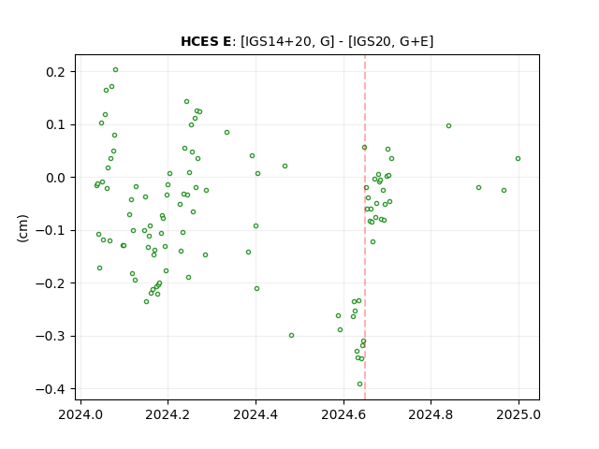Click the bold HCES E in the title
(x=206, y=41)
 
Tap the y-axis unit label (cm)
(x=22, y=228)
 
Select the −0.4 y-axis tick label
(x=51, y=389)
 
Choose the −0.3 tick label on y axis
(x=51, y=337)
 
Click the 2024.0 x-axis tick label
(x=80, y=414)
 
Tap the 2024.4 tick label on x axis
(x=256, y=414)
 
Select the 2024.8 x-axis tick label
(x=431, y=414)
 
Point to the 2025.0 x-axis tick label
(x=519, y=414)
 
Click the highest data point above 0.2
(x=116, y=70)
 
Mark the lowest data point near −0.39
(x=359, y=384)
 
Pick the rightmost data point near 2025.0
(x=518, y=159)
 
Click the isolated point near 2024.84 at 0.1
(x=449, y=126)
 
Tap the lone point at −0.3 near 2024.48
(x=291, y=336)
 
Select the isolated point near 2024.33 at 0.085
(x=226, y=133)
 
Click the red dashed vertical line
(x=365, y=227)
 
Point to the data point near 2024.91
(x=478, y=188)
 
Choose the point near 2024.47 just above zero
(x=285, y=167)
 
